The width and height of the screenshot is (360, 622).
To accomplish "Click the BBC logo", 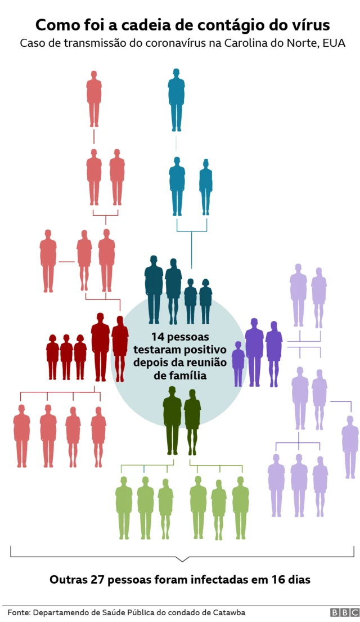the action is pyautogui.click(x=345, y=612).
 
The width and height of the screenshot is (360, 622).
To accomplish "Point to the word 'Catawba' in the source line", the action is pyautogui.click(x=231, y=612).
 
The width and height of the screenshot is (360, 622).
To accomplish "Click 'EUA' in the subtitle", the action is pyautogui.click(x=334, y=43).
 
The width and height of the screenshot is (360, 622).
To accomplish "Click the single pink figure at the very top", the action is pyautogui.click(x=94, y=99).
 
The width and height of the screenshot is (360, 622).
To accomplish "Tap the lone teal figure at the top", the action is pyautogui.click(x=177, y=100).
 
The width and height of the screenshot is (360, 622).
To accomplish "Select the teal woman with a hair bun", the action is pyautogui.click(x=206, y=187).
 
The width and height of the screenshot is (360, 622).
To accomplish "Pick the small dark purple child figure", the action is pyautogui.click(x=238, y=364).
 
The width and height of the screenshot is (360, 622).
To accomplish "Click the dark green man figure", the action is pyautogui.click(x=172, y=420).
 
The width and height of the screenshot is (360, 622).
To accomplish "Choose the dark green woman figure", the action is pyautogui.click(x=192, y=422).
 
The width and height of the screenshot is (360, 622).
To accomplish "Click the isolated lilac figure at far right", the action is pyautogui.click(x=350, y=447).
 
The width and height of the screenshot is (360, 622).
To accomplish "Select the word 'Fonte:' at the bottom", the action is pyautogui.click(x=19, y=612).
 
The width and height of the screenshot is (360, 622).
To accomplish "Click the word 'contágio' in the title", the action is pyautogui.click(x=235, y=26).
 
